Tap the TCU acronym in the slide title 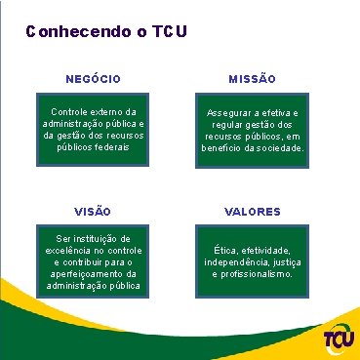tap(164, 32)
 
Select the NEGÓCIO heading tap(93, 77)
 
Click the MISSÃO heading tap(252, 77)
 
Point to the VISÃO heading tap(93, 211)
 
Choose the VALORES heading tap(252, 211)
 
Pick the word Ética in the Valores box tap(214, 251)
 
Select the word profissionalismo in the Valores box tap(255, 275)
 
